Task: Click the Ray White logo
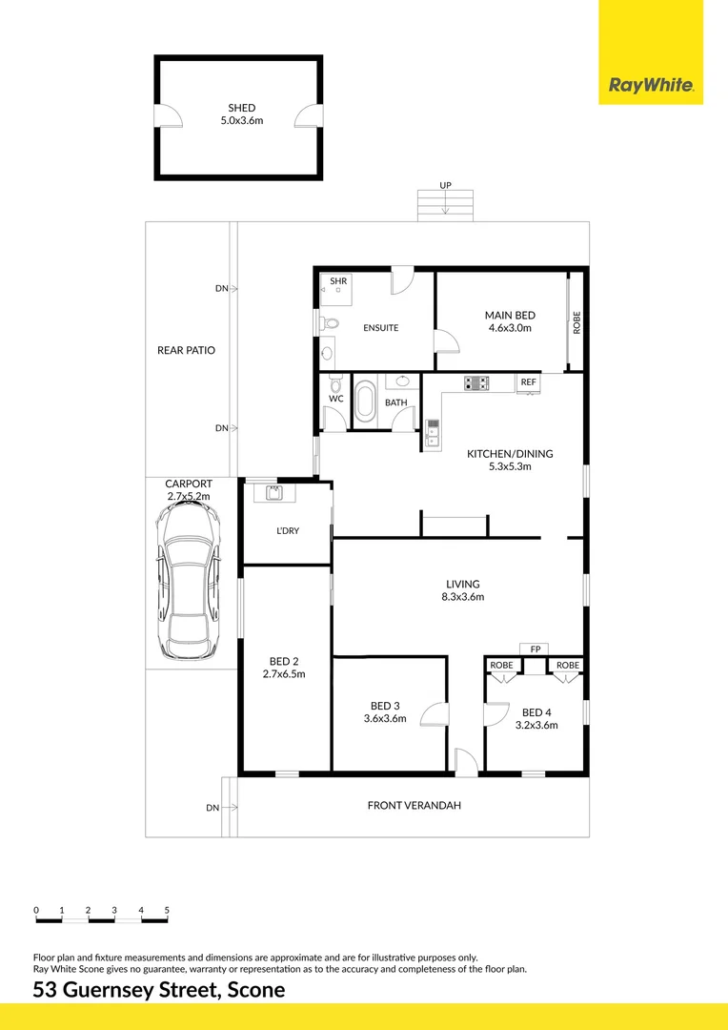651,87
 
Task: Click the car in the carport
190,581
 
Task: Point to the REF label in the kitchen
528,382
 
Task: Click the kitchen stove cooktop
476,383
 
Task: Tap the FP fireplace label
536,649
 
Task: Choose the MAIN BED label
510,316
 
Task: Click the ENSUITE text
380,328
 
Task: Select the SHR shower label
338,281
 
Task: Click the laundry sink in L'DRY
275,493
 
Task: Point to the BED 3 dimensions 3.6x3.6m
385,719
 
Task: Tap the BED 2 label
284,661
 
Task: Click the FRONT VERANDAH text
414,806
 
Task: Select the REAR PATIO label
186,350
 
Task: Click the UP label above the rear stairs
445,185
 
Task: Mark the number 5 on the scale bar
167,911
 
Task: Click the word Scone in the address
254,990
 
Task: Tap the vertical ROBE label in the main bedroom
576,322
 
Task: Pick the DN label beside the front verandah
212,808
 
